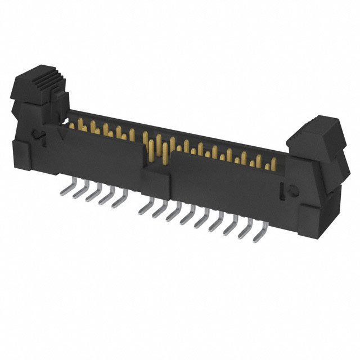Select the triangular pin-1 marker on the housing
click(x=59, y=133)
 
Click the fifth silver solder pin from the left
click(x=119, y=200)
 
